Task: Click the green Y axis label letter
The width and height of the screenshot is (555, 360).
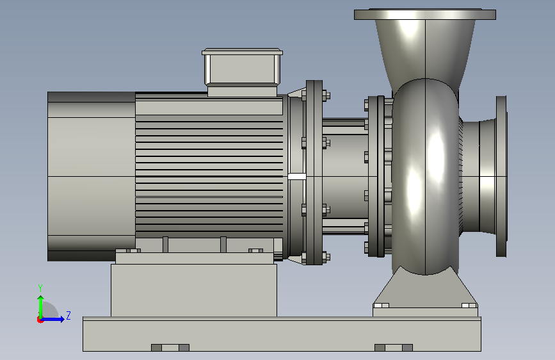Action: click(40, 288)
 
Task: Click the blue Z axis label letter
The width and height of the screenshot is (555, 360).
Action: click(68, 315)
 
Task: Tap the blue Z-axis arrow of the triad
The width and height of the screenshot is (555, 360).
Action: click(53, 319)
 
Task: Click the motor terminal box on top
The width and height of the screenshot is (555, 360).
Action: click(242, 72)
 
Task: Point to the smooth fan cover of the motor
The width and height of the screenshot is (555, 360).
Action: click(92, 176)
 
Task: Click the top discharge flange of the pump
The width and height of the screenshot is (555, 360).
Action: click(425, 14)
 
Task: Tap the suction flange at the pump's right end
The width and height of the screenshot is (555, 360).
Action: click(501, 176)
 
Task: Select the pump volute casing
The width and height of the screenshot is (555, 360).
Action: click(425, 176)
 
